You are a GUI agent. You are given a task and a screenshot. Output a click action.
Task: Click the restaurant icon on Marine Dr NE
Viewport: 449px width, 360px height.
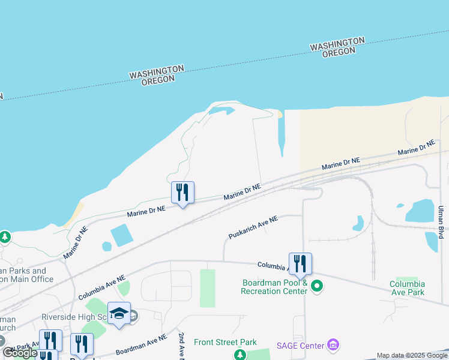pyautogui.click(x=182, y=193)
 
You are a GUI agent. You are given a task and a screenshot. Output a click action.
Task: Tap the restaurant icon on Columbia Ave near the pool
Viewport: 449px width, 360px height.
pyautogui.click(x=300, y=263)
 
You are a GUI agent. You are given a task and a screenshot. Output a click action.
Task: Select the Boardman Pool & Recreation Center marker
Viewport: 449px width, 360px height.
pyautogui.click(x=318, y=287)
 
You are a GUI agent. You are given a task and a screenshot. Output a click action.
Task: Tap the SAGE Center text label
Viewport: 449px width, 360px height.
pyautogui.click(x=300, y=345)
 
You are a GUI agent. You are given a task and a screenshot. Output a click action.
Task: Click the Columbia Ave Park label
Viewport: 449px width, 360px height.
pyautogui.click(x=407, y=288)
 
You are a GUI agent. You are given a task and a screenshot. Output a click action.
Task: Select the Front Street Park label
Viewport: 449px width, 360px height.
pyautogui.click(x=225, y=343)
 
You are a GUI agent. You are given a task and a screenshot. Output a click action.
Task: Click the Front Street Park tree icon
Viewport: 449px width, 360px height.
pyautogui.click(x=240, y=355)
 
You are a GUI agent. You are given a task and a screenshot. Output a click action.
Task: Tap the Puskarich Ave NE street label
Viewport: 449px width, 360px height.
pyautogui.click(x=253, y=227)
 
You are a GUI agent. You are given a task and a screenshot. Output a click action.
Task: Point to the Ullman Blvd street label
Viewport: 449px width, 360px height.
pyautogui.click(x=441, y=221)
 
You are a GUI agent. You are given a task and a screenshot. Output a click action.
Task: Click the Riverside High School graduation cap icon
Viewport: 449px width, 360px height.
pyautogui.click(x=119, y=314)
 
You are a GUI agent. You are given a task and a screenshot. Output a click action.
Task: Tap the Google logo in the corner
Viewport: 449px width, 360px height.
pyautogui.click(x=20, y=353)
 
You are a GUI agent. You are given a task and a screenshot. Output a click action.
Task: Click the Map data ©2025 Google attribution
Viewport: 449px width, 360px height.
pyautogui.click(x=412, y=355)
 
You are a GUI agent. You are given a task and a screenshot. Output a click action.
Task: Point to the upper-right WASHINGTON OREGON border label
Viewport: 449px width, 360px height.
pyautogui.click(x=338, y=47)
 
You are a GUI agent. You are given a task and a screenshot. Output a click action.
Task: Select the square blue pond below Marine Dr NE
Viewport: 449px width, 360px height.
pyautogui.click(x=122, y=235)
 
